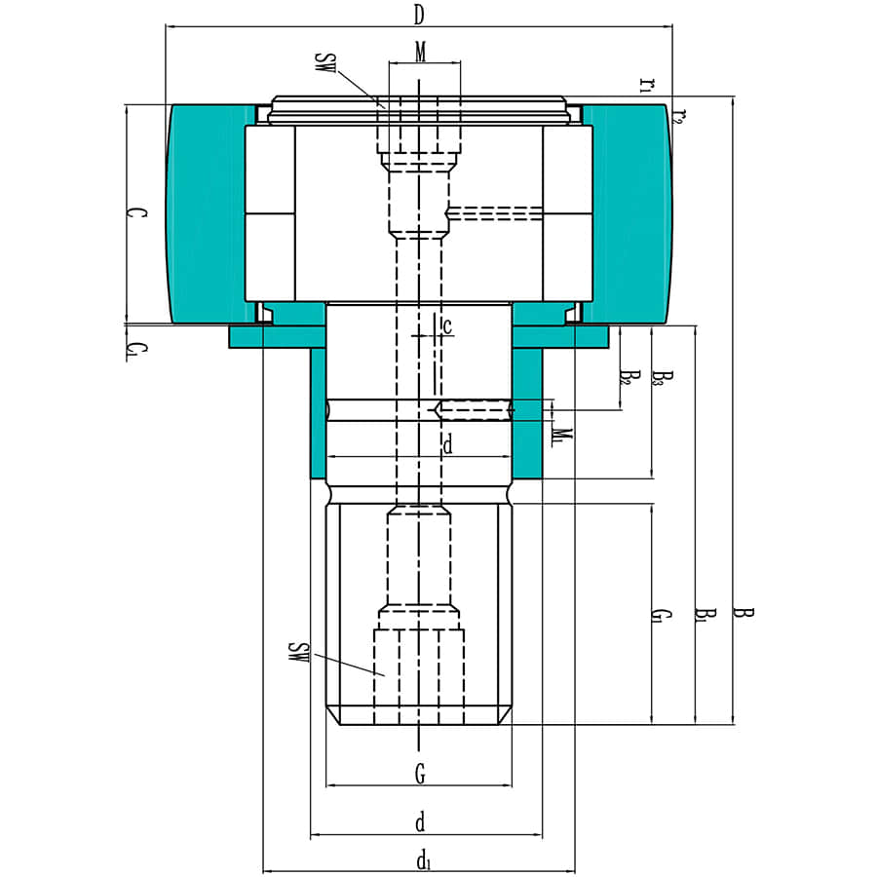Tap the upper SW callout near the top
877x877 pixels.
[326, 65]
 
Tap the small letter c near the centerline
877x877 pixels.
[447, 326]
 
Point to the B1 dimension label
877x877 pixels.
[704, 616]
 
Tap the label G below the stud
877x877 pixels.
[420, 775]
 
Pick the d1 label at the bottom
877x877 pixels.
[422, 860]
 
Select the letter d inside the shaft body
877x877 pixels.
[447, 446]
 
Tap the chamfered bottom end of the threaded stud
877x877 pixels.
[419, 719]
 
